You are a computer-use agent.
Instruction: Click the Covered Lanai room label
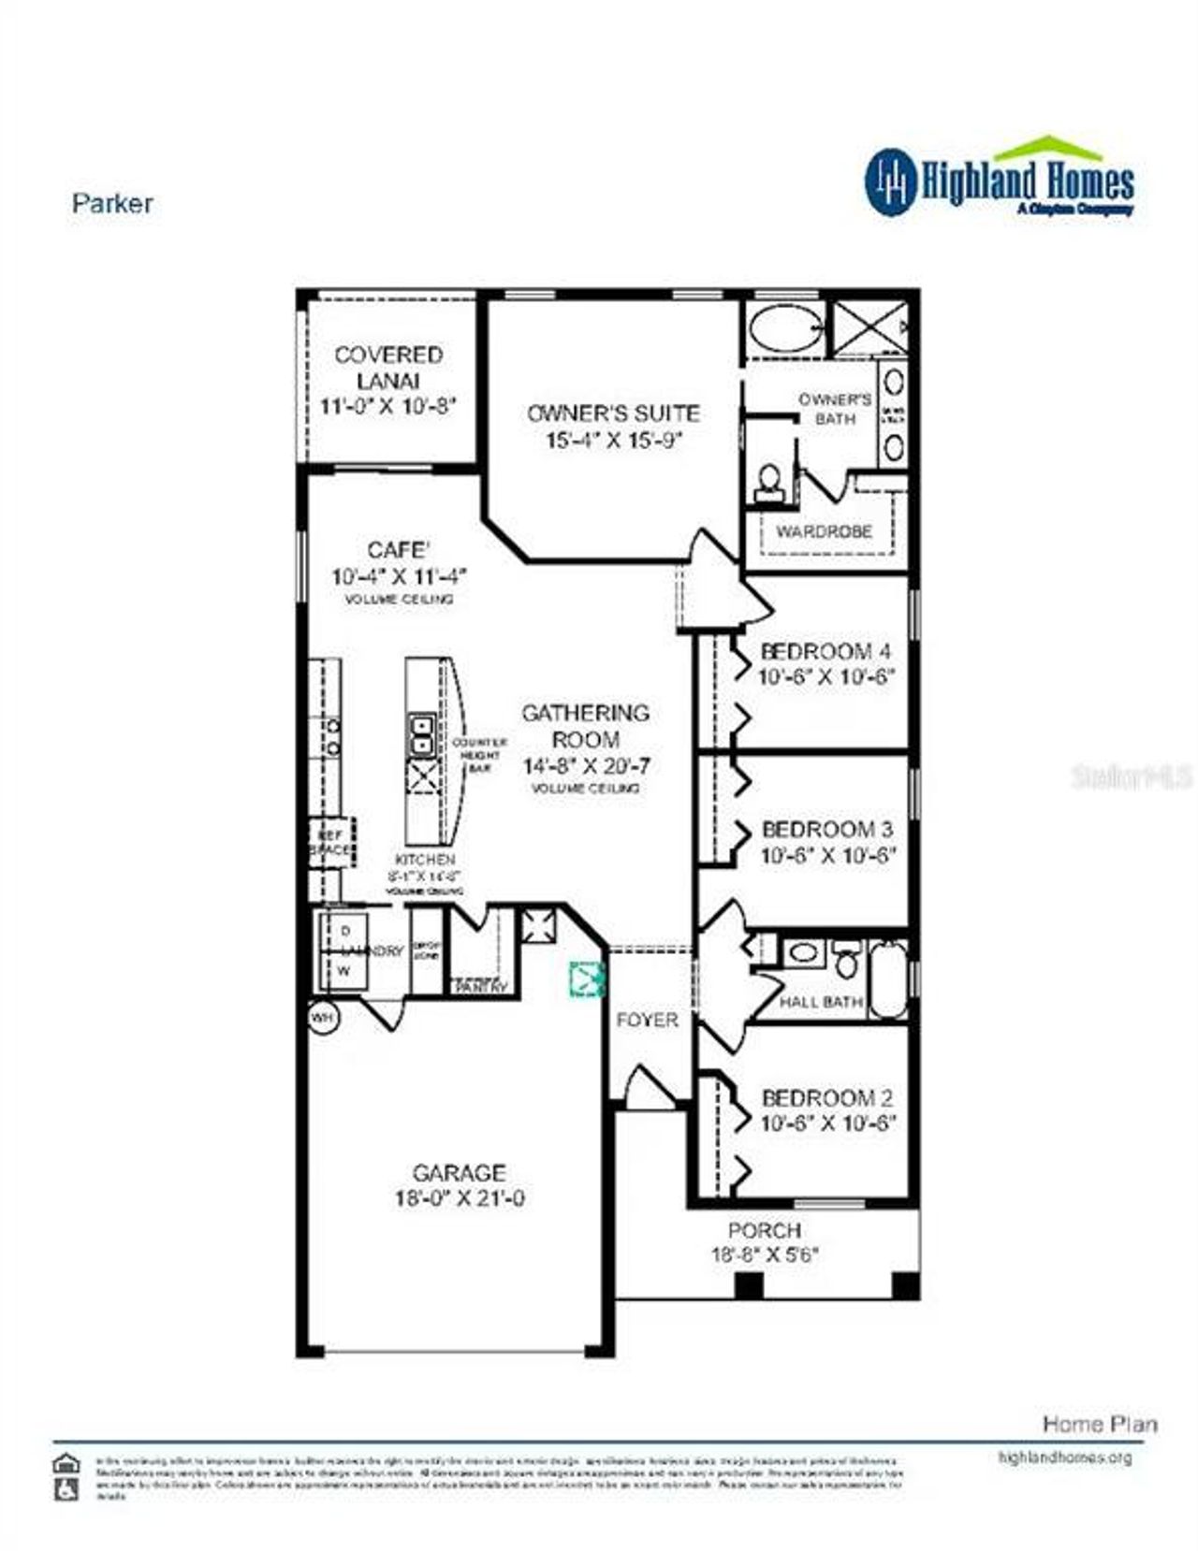coord(388,368)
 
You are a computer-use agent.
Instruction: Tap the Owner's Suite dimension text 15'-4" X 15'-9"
coord(613,440)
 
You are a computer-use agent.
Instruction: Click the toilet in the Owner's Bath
coord(769,481)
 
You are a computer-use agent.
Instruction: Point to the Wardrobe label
coord(825,531)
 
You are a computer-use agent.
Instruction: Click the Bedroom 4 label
coord(825,651)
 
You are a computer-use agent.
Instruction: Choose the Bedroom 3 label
coord(827,829)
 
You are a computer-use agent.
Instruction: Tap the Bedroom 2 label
coord(827,1097)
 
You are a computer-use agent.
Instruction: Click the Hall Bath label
coord(821,1002)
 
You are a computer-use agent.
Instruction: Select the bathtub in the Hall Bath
coord(888,979)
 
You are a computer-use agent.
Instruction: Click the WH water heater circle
coord(323,1018)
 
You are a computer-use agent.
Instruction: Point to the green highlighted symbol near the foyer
coord(588,978)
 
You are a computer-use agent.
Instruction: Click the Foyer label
coord(647,1020)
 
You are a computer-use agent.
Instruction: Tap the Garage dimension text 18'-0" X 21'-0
coord(459,1198)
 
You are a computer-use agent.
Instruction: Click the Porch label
coord(765,1231)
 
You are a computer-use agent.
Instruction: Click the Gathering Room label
coord(585,725)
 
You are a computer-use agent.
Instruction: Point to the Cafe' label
coord(398,550)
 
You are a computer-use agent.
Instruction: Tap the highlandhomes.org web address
coord(1065,1457)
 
